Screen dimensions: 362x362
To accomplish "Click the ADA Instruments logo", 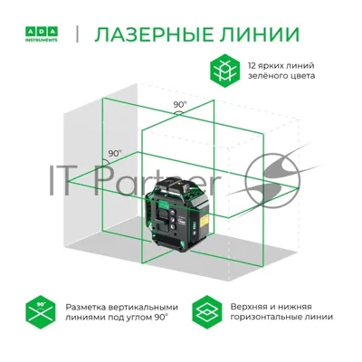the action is tap(41, 34).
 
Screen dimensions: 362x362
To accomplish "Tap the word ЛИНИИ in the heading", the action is tap(257, 34).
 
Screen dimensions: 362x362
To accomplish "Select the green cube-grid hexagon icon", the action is tap(224, 71).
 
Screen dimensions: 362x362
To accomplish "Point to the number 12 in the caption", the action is tap(252, 65).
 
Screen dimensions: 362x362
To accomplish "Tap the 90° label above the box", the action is tap(180, 105).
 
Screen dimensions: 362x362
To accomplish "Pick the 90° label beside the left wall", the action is tap(115, 153).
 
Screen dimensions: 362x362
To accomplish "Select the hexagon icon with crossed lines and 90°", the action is tap(41, 312).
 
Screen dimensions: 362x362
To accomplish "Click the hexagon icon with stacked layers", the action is tap(207, 312).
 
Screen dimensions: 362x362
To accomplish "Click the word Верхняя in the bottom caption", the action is tap(248, 307).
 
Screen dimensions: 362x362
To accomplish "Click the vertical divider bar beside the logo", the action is tap(78, 34).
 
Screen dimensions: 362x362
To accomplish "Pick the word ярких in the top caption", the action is tap(269, 66).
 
